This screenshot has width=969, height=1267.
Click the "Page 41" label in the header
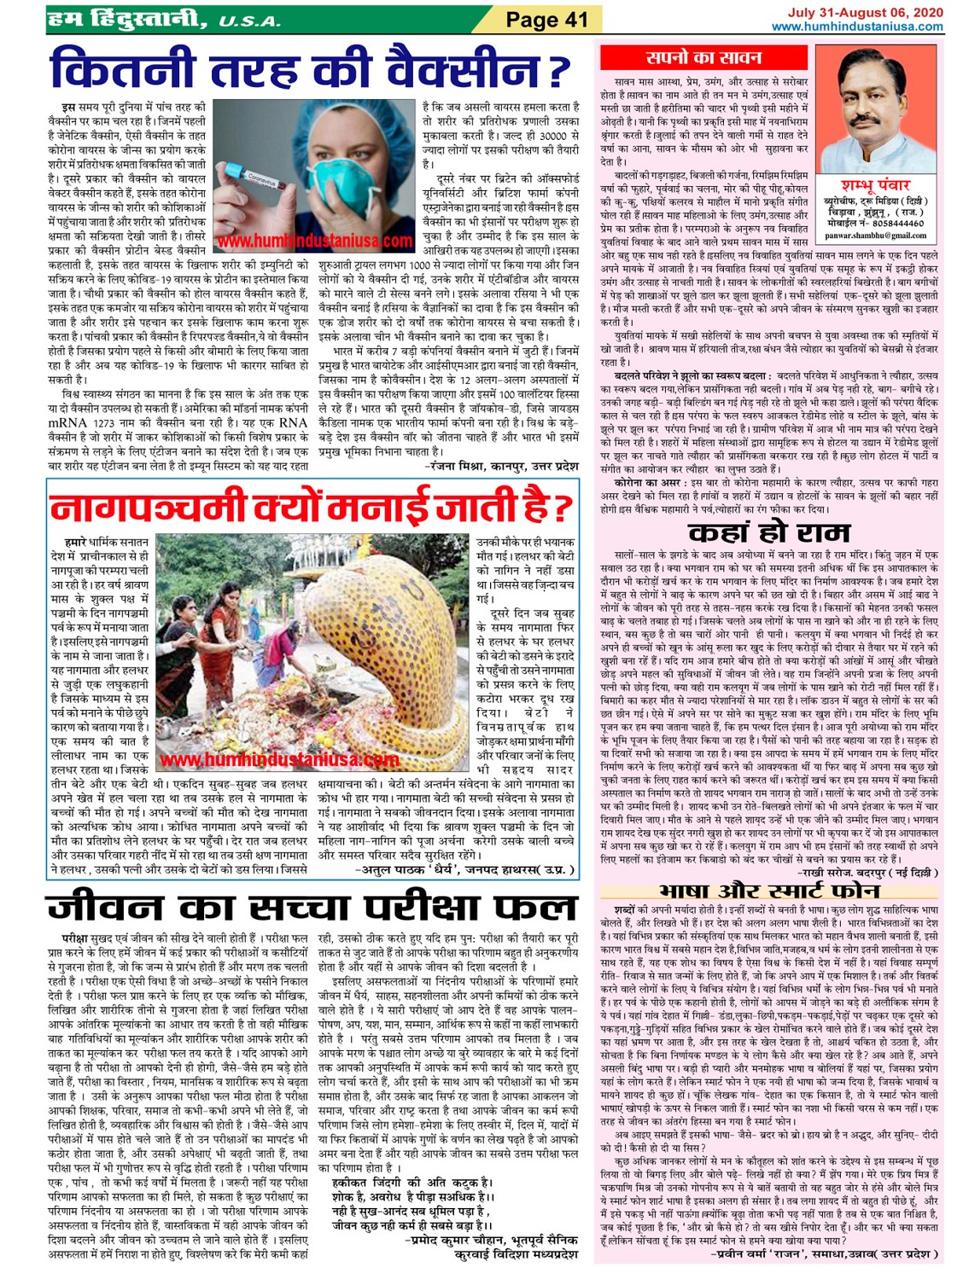(547, 19)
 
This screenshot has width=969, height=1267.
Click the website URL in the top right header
(857, 26)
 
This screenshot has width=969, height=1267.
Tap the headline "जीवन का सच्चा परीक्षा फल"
(311, 906)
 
